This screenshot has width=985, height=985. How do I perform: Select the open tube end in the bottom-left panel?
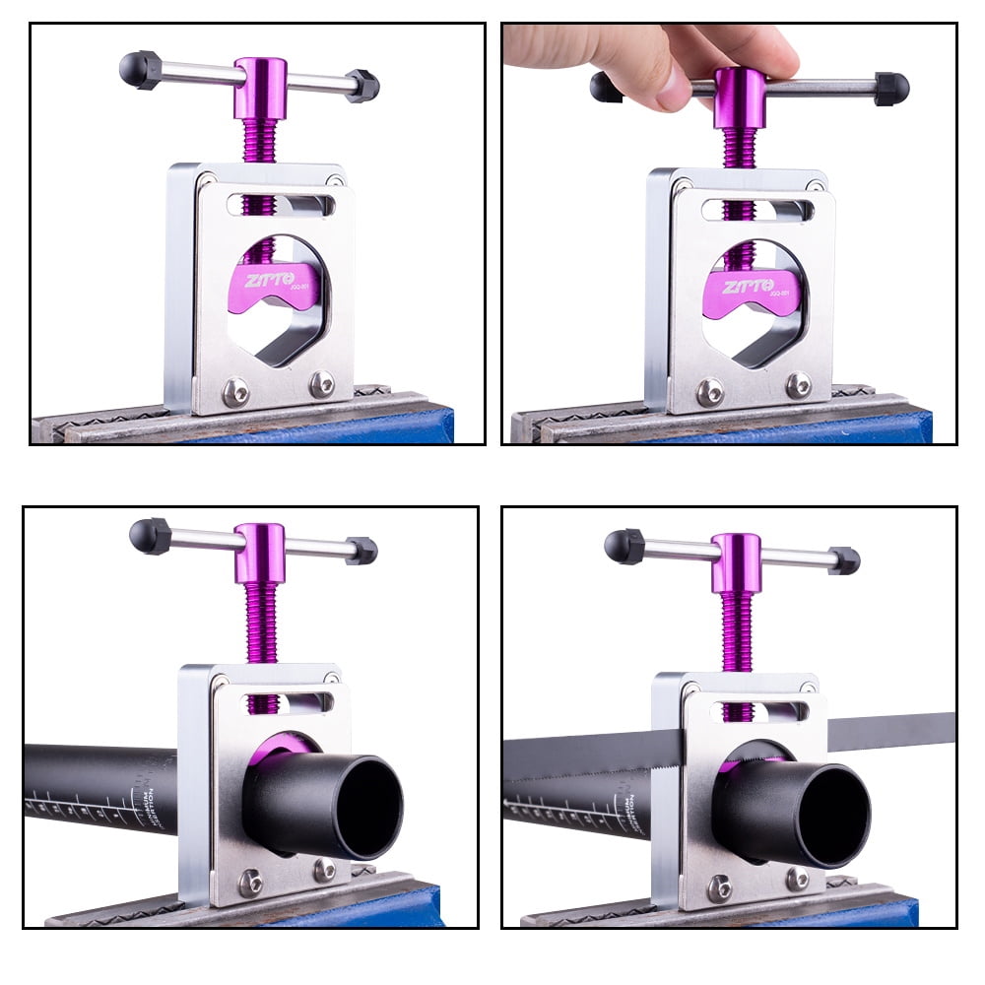[372, 806]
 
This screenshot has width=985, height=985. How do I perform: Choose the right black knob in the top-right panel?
[891, 89]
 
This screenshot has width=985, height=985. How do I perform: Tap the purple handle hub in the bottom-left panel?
[260, 552]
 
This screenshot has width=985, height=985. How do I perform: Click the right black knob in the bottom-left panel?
[361, 551]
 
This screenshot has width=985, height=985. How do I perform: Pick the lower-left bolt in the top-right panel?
[710, 392]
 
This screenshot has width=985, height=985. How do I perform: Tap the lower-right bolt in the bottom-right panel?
[796, 879]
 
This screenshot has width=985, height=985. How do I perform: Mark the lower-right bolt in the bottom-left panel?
[323, 870]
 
